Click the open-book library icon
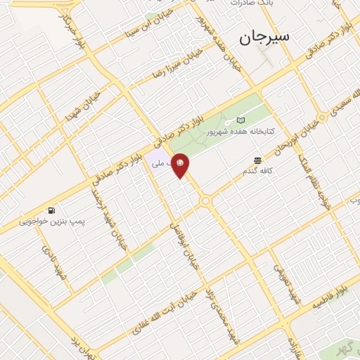click(x=241, y=120)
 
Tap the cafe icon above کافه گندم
click(x=258, y=161)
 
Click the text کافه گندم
click(x=258, y=171)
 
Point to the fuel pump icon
click(x=51, y=210)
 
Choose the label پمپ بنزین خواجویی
click(x=51, y=220)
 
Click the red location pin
click(x=181, y=165)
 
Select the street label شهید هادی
click(x=54, y=262)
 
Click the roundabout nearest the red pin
click(x=206, y=201)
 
